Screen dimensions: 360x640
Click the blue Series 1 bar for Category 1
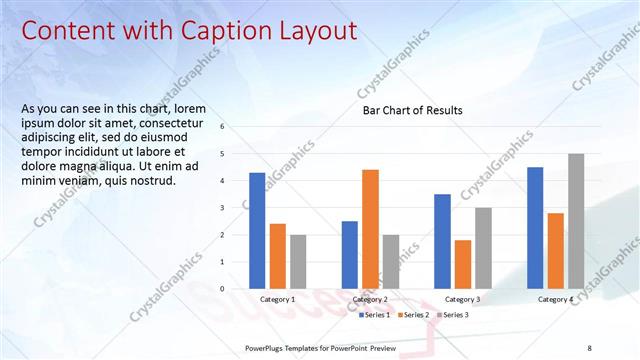tap(257, 231)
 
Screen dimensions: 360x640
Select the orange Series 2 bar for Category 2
tap(370, 229)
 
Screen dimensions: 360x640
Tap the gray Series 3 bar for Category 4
tap(576, 221)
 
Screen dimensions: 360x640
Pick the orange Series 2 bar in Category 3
tap(462, 264)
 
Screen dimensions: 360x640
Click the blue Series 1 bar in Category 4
tap(535, 228)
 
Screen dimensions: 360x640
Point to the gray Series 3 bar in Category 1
tap(298, 262)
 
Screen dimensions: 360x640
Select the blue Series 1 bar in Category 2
tap(349, 255)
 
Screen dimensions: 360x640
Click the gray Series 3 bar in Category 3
tap(483, 248)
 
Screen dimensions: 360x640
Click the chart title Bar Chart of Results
tap(412, 111)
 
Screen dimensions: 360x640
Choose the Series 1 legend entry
tap(377, 315)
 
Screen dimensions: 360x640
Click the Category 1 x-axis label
tap(277, 299)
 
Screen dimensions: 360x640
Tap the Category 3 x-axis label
tap(462, 299)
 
